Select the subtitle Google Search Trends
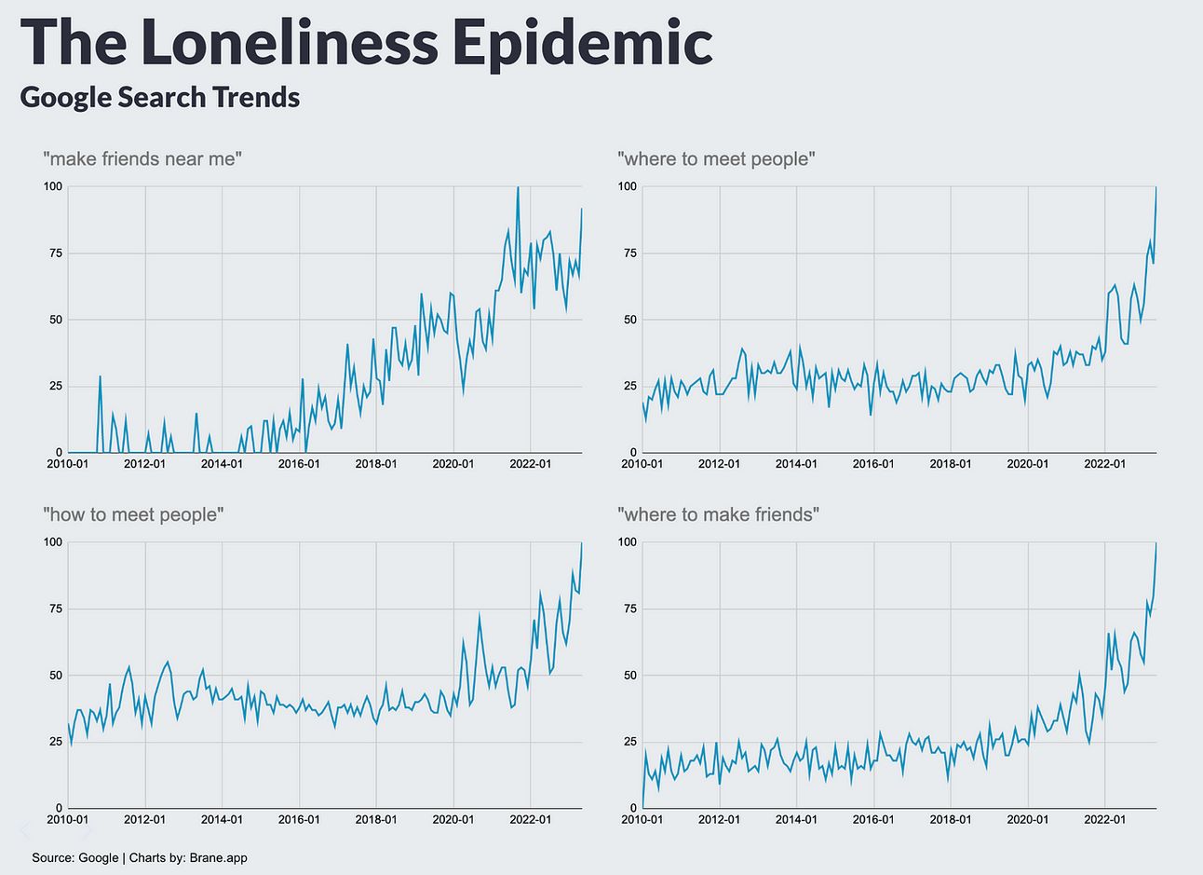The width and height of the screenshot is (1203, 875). coord(159,97)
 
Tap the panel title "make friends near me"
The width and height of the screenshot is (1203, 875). coord(142,158)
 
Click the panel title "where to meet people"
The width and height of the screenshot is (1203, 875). coord(716,158)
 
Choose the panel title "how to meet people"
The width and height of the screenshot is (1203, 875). coord(133,514)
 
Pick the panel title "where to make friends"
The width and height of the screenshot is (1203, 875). coord(718,514)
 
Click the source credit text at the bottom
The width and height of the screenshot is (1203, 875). coord(140,857)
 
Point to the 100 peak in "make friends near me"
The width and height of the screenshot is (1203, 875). coord(518,187)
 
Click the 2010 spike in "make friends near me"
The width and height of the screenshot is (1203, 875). coord(100,376)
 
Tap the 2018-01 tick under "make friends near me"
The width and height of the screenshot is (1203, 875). coord(376,463)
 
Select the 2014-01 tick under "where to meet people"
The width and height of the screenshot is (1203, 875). coord(796,463)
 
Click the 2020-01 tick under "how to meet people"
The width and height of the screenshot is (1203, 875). coord(453,819)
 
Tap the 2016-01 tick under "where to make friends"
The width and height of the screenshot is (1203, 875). coord(873,819)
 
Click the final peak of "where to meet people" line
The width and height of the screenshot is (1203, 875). coord(1156,188)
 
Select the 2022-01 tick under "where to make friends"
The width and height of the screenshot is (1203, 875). coord(1105,819)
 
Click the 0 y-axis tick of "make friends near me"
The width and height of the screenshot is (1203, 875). coord(58,453)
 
